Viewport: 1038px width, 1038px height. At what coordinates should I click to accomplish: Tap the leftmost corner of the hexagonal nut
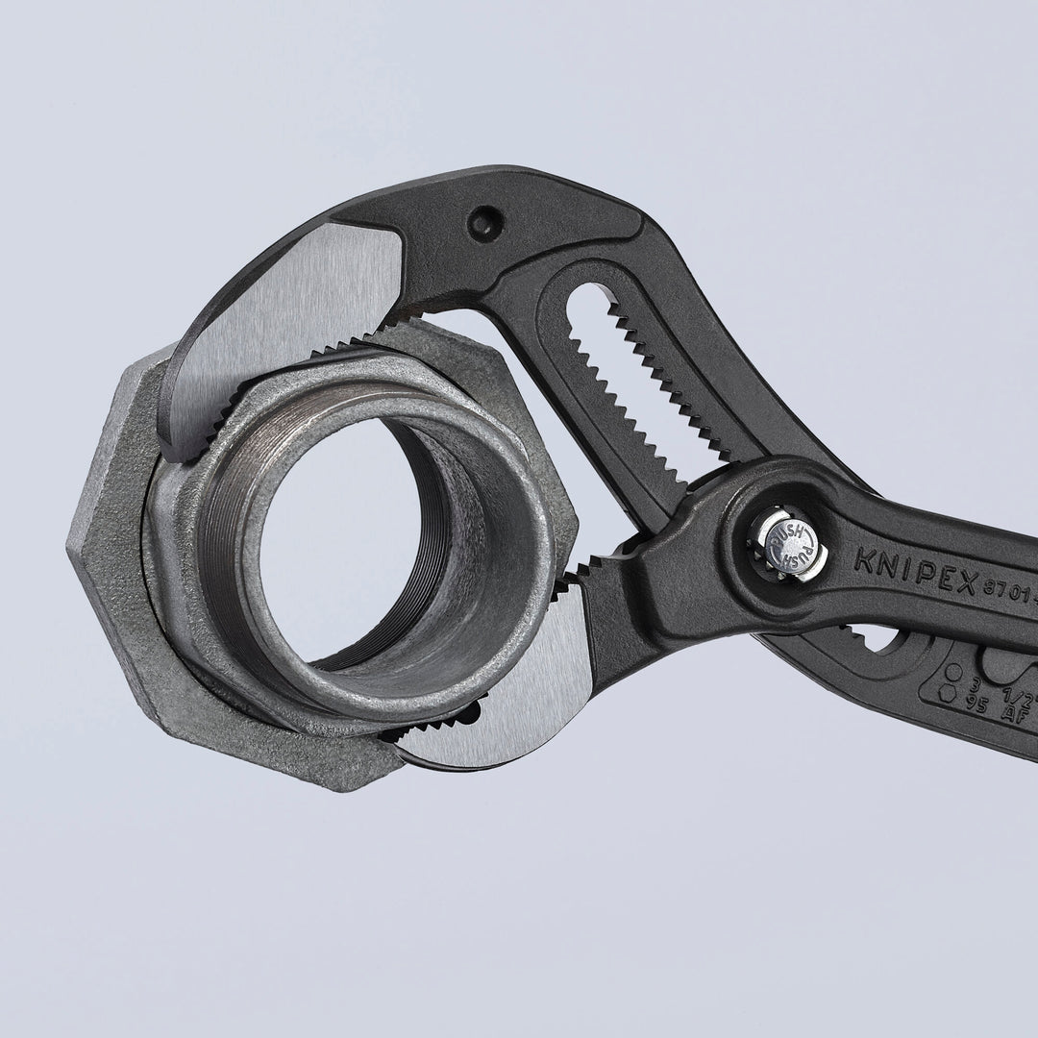click(x=69, y=548)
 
